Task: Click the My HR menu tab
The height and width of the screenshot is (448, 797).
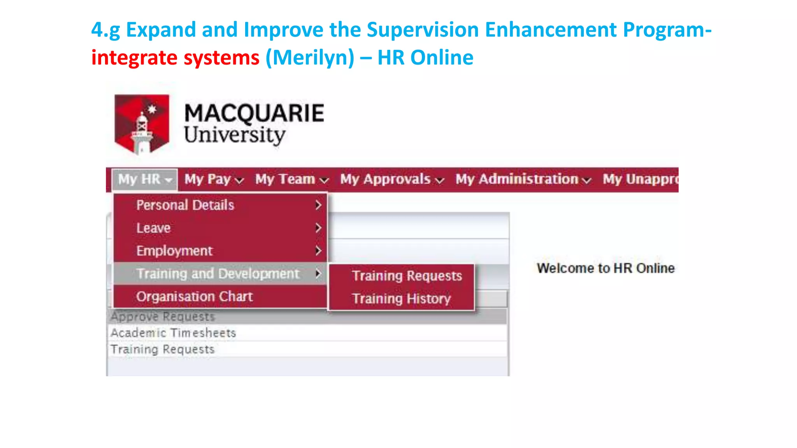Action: [144, 180]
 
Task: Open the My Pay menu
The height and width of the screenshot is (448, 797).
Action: [214, 180]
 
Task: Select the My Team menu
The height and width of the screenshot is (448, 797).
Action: [291, 180]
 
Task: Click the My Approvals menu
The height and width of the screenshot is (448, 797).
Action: [391, 180]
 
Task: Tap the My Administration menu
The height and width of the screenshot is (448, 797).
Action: [523, 180]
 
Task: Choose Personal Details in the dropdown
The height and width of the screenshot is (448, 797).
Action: [185, 205]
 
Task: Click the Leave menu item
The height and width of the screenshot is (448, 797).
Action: [153, 228]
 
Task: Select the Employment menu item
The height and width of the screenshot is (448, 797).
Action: [174, 251]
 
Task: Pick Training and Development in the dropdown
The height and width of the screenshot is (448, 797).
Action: [218, 274]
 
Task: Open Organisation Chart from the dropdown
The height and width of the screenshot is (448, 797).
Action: [194, 297]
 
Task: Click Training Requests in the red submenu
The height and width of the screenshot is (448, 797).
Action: [407, 276]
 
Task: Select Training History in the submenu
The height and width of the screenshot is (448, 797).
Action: [401, 299]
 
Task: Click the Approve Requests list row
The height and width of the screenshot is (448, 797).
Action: [163, 317]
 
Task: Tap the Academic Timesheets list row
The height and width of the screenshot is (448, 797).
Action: [173, 333]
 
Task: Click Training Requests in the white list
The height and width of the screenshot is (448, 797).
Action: [162, 349]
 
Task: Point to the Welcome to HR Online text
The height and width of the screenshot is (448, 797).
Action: [606, 268]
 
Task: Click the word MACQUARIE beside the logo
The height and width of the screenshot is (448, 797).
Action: [254, 113]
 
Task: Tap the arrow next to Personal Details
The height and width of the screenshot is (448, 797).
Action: [318, 205]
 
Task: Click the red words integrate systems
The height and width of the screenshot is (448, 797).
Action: [175, 58]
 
